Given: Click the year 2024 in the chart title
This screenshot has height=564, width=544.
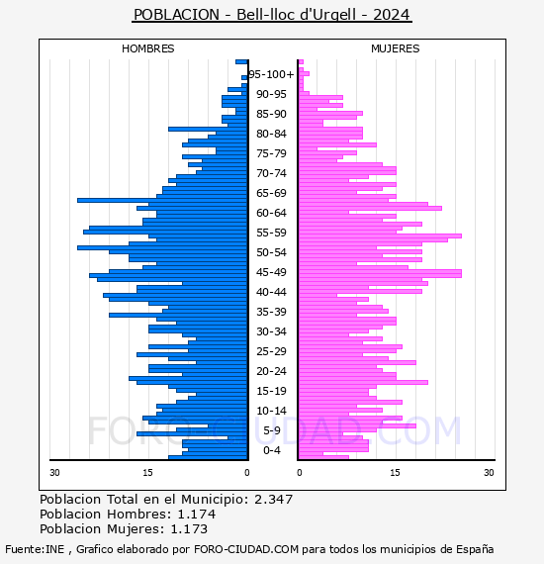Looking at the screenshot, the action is coord(392,15).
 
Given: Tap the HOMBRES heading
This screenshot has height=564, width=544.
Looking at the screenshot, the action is coord(147,48).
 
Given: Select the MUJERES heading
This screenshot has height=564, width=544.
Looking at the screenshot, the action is coord(396,48).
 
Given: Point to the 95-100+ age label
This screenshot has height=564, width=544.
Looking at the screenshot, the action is coord(271,74).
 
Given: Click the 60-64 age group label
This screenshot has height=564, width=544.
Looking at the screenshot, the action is coord(271,213).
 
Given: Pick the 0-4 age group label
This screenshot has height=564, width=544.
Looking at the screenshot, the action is coord(271,450).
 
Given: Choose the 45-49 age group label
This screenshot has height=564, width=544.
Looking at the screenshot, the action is coord(271,272).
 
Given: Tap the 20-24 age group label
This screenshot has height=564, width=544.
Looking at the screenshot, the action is coord(271,371).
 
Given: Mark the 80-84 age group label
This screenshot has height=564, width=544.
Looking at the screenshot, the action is coord(271,134).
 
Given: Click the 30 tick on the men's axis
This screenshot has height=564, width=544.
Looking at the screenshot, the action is coord(54,473).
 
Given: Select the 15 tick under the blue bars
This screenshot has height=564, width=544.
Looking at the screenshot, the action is coord(147,473).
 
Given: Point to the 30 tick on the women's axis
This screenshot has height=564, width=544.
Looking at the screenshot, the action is coord(489,473).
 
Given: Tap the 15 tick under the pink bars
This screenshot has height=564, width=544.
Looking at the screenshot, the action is coord(396,473).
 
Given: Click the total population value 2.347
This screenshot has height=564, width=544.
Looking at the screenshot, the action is coord(274,500).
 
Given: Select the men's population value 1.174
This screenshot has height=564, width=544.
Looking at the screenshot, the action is coord(197,514).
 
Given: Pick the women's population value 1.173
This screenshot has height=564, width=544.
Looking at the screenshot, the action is coord(189,528).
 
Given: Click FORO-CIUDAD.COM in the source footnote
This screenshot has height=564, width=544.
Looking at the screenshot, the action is coord(246,549).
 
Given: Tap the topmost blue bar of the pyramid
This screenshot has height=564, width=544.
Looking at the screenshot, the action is coord(241,62).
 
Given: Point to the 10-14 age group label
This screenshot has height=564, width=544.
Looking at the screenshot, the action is coord(271,411).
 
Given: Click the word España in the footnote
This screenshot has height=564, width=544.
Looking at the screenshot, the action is coord(475,549).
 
